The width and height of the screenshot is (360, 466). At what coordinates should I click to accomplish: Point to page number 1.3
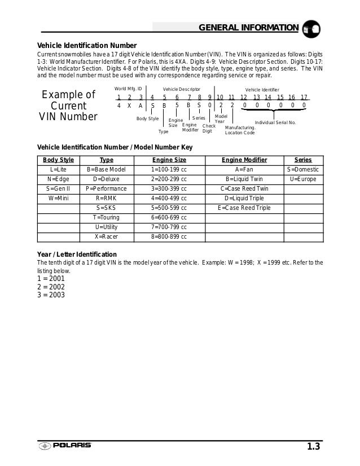314,447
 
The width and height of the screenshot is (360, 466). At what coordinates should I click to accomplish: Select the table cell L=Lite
59,169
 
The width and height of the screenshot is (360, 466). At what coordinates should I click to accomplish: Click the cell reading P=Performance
106,188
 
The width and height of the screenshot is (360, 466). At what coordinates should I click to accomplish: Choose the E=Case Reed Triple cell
244,208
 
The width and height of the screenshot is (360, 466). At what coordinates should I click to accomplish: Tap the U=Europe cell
303,179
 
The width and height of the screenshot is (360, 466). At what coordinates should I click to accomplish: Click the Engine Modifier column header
244,160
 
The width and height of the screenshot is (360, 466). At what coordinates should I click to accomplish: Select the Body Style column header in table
59,160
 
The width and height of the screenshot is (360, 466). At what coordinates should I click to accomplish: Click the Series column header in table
303,160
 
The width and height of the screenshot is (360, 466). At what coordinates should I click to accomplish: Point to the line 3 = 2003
51,294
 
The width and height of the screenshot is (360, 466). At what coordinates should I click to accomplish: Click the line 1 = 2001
51,278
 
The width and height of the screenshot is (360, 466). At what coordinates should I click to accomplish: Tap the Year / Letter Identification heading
77,254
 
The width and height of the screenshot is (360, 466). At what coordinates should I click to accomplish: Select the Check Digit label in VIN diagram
208,128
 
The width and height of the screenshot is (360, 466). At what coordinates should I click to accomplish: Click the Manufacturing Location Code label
240,130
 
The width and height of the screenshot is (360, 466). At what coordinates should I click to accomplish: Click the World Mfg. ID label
128,89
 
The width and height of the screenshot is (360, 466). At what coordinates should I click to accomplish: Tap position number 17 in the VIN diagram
304,97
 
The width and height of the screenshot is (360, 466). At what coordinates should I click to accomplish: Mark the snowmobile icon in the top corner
311,29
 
